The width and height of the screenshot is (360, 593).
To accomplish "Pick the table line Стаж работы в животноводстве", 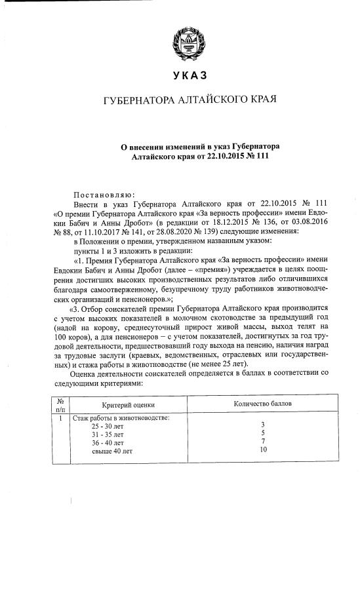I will click(120, 417).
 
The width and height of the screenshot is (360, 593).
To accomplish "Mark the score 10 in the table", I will click(263, 450).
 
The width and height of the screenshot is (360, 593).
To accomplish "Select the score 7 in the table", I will click(263, 442).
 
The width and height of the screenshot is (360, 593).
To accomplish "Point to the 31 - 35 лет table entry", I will click(106, 434).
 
